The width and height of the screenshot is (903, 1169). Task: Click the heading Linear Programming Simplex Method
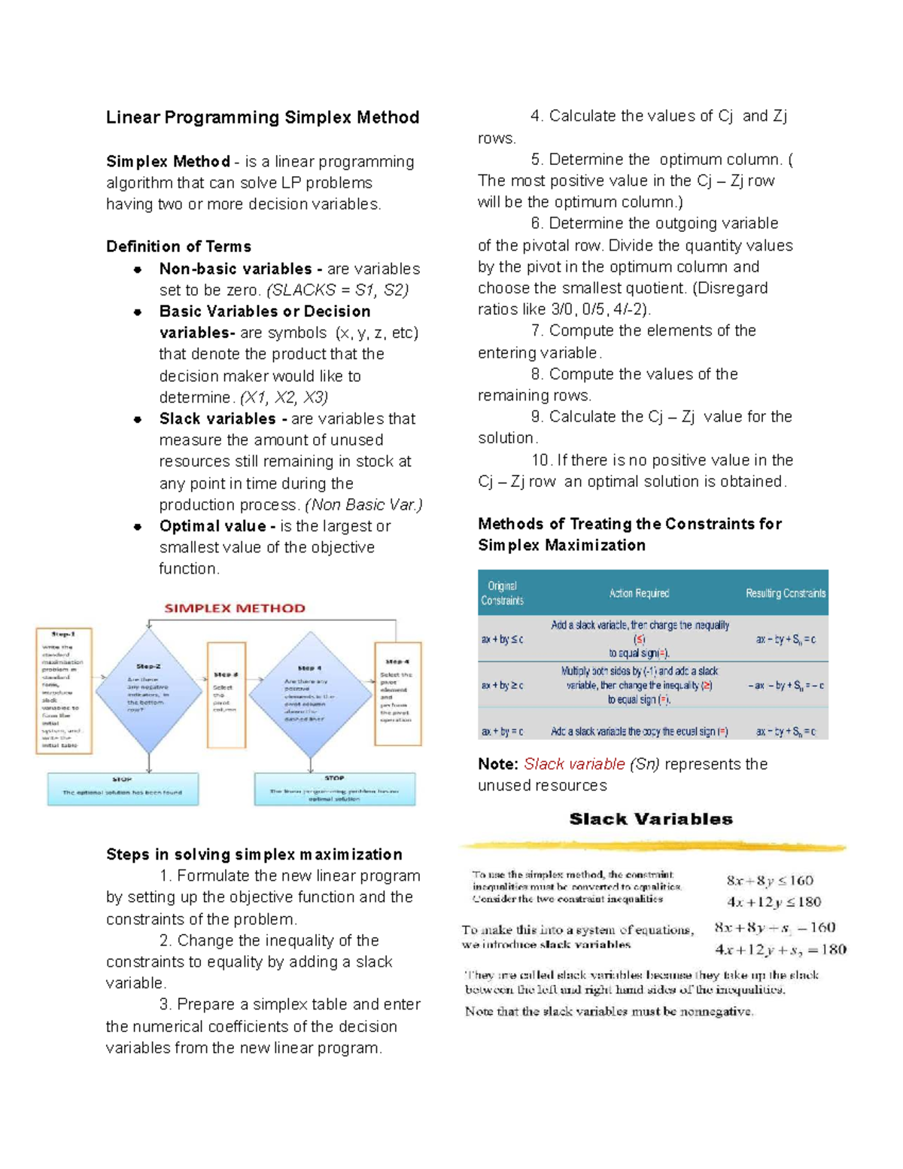263,117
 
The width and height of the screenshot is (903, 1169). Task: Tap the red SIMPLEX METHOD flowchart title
235,608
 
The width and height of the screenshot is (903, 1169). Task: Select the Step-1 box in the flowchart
64,690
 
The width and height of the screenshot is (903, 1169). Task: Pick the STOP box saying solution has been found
123,789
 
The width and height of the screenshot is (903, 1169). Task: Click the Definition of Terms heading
178,247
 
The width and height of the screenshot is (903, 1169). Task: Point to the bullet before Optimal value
138,527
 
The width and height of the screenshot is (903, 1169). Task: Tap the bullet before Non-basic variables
138,269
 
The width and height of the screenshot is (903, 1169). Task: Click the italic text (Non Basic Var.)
363,505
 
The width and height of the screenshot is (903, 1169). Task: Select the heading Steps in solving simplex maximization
254,854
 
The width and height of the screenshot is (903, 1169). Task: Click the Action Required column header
639,593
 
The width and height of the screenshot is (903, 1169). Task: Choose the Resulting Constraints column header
785,593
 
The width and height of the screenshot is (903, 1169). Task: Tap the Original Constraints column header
502,593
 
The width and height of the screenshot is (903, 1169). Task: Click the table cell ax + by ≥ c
502,685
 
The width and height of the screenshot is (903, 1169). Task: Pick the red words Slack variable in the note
574,764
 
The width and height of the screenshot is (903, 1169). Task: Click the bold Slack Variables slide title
651,819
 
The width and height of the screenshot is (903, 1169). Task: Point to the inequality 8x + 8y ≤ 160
769,881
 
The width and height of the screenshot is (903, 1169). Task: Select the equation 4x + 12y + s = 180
780,950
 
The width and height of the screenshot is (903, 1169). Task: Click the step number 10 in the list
540,461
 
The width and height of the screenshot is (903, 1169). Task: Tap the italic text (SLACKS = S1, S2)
338,291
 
